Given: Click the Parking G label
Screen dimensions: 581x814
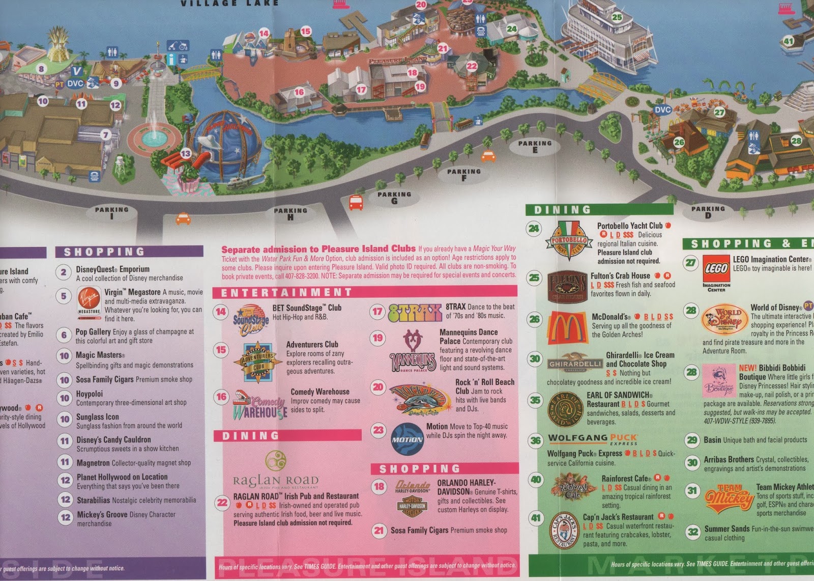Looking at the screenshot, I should pyautogui.click(x=394, y=198).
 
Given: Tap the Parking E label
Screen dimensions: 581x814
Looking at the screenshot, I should pyautogui.click(x=535, y=147).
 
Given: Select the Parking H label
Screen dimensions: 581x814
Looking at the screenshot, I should pyautogui.click(x=290, y=213).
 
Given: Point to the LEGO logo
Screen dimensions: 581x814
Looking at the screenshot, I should pyautogui.click(x=716, y=269).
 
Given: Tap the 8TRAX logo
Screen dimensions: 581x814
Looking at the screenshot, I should pyautogui.click(x=415, y=313).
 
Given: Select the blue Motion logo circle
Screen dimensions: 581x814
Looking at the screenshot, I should pyautogui.click(x=407, y=439).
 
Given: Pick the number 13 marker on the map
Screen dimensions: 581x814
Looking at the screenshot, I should pyautogui.click(x=186, y=153).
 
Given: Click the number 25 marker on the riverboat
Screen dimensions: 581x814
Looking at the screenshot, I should pyautogui.click(x=617, y=17).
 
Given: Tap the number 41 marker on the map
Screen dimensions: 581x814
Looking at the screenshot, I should pyautogui.click(x=788, y=41).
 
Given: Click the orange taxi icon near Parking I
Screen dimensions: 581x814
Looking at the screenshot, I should pyautogui.click(x=183, y=219).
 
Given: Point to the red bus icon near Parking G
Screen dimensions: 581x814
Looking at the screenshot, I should pyautogui.click(x=356, y=203).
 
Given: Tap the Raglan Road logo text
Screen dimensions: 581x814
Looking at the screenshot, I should pyautogui.click(x=276, y=481).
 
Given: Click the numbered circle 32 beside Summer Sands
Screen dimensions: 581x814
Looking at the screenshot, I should pyautogui.click(x=692, y=533).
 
